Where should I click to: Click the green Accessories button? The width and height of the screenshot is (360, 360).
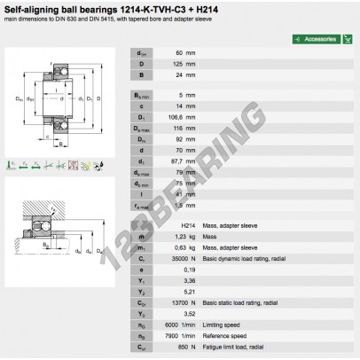coord(317,40)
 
